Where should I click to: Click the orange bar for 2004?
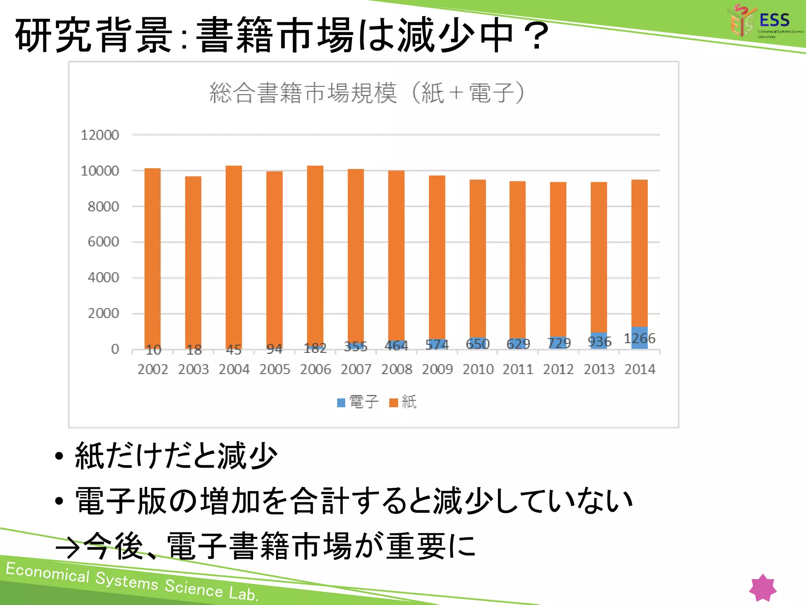click(234, 256)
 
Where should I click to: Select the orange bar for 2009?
click(437, 256)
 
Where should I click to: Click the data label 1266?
click(640, 338)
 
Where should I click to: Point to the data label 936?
click(599, 341)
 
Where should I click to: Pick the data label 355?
click(355, 347)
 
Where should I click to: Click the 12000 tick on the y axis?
click(100, 135)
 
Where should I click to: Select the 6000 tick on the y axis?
click(103, 241)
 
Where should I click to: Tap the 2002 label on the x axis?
click(153, 369)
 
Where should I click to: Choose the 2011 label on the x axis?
click(518, 369)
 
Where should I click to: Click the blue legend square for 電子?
click(341, 403)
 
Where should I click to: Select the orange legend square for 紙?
click(394, 403)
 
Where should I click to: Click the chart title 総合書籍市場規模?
click(303, 93)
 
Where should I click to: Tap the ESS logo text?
click(774, 20)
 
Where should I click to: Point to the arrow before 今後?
click(68, 548)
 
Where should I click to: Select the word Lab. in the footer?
click(244, 593)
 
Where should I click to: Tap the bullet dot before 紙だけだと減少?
click(59, 456)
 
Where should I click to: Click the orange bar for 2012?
click(558, 258)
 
